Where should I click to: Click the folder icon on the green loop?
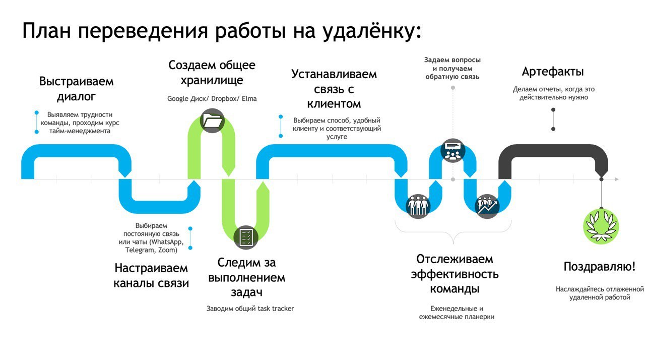[x=212, y=121]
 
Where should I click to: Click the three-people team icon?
[x=418, y=205]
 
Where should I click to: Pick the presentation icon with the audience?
[x=451, y=150]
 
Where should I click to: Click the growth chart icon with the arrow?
[x=487, y=205]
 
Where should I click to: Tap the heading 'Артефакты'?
[x=553, y=71]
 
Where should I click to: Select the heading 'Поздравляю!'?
[x=599, y=267]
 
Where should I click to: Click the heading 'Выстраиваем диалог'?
[x=77, y=89]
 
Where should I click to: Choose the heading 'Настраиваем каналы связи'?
[x=151, y=275]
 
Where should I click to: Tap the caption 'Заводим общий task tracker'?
[x=250, y=308]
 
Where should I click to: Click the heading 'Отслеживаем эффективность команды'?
[x=455, y=274]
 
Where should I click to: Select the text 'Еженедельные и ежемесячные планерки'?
[x=457, y=313]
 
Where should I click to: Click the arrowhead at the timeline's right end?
[x=616, y=179]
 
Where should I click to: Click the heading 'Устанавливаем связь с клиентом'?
[x=334, y=89]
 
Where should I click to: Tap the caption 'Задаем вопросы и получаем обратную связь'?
[x=453, y=69]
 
